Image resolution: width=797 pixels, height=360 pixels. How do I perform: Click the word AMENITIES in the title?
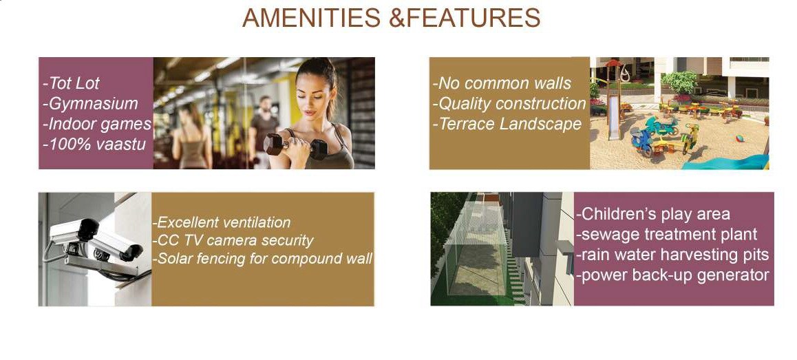click(312, 19)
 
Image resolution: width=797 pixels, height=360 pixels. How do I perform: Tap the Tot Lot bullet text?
click(71, 83)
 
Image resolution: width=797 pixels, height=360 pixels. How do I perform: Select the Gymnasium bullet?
click(90, 104)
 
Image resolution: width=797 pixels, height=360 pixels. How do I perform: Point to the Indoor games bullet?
click(97, 124)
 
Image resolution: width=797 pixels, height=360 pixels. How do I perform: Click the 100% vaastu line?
click(94, 144)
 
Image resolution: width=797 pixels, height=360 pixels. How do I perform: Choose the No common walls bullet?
click(502, 83)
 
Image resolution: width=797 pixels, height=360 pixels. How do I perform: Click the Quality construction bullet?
click(509, 104)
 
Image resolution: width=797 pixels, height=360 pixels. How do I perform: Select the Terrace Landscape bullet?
click(507, 124)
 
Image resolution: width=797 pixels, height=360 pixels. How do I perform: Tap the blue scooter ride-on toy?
click(641, 139)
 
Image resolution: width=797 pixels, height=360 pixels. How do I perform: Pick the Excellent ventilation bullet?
click(221, 222)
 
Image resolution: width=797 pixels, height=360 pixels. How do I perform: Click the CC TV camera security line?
click(233, 240)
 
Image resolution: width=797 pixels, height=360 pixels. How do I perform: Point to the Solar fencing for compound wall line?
click(262, 258)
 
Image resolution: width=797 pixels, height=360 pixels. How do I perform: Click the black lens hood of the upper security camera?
click(87, 229)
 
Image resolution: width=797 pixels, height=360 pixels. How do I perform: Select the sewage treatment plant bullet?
click(667, 235)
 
